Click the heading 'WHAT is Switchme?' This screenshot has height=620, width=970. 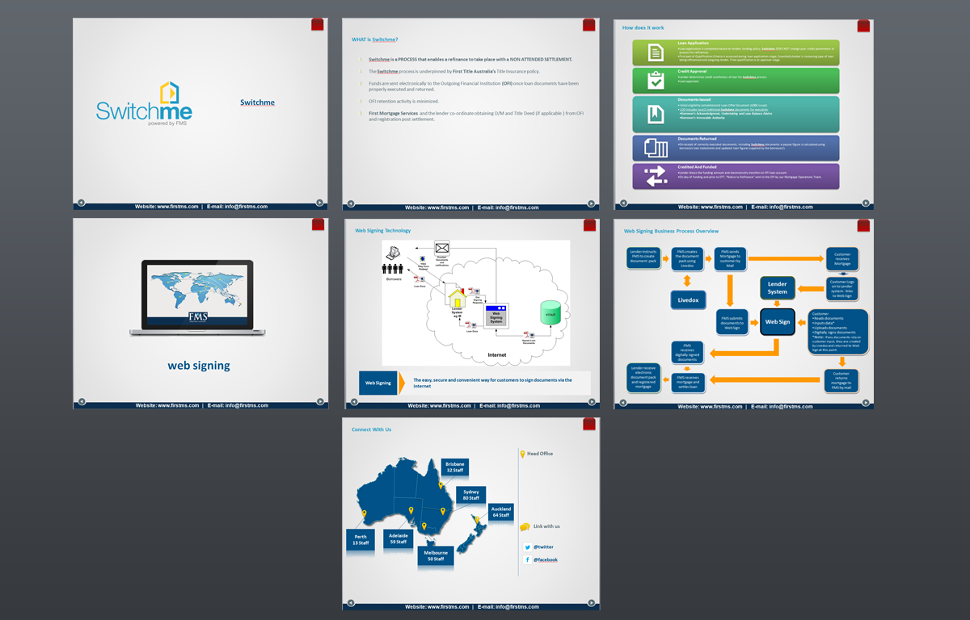click(375, 40)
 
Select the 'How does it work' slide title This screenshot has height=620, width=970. click(643, 27)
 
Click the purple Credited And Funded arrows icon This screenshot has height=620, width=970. click(655, 176)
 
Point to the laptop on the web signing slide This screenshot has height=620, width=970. click(197, 296)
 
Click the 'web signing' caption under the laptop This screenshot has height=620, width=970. click(199, 366)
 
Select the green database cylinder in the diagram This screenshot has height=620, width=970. click(550, 313)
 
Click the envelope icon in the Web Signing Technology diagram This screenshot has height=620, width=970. click(441, 248)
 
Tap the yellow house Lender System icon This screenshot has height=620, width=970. click(458, 295)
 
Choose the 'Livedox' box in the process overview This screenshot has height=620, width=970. click(687, 300)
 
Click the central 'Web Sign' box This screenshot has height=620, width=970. click(778, 321)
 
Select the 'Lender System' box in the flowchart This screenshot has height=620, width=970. click(777, 287)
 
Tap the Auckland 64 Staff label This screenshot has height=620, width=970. click(501, 512)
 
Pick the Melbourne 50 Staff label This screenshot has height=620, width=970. click(436, 555)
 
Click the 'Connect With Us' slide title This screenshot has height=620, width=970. click(371, 429)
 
